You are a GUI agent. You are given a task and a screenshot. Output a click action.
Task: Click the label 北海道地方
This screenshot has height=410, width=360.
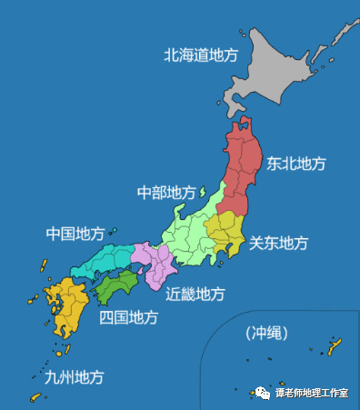coord(200,55)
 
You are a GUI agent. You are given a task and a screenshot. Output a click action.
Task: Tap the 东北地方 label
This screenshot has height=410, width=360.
coord(296,164)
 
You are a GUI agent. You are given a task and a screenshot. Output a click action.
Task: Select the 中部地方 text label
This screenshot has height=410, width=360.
coord(166,193)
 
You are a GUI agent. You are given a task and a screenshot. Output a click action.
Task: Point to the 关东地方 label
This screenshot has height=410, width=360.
coord(279,243)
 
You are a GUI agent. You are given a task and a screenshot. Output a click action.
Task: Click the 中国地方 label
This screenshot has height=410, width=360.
coord(75,234)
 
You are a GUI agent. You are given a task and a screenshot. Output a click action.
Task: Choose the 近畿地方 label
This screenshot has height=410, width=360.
coord(195,294)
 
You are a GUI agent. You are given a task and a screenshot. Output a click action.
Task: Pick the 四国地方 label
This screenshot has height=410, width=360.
coord(128,317)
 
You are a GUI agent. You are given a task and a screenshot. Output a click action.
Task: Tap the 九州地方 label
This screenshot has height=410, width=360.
coord(74,375)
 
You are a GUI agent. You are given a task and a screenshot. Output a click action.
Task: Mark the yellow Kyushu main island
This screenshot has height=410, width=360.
coord(68,309)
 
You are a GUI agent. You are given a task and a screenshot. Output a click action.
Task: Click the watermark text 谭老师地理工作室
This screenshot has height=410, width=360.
coord(313,393)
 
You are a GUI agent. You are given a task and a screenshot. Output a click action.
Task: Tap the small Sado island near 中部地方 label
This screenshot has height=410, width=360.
coord(204,192)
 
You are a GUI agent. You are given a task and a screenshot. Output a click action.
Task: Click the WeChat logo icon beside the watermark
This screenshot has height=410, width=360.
coord(264,393)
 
